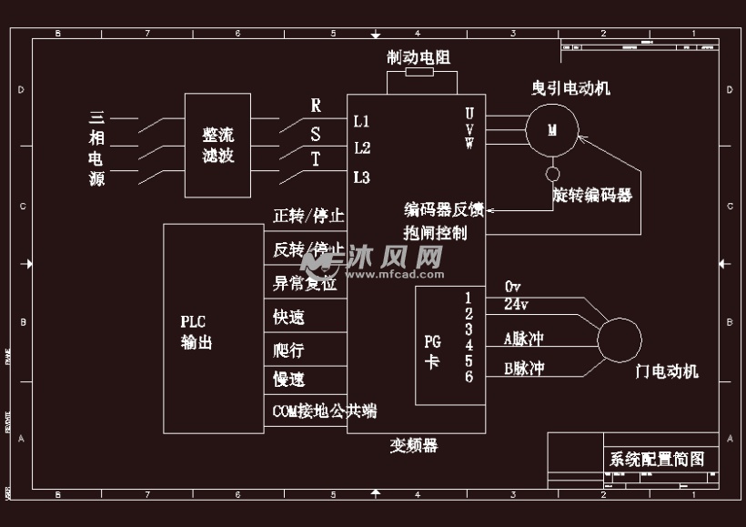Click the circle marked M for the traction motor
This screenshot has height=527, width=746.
click(551, 129)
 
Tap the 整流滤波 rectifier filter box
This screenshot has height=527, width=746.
click(218, 145)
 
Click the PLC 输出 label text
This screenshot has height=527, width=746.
click(197, 331)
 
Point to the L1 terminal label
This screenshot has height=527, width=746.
click(361, 121)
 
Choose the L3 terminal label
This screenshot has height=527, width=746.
click(361, 177)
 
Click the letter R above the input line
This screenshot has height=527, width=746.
click(316, 106)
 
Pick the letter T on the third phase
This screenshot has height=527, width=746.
click(316, 161)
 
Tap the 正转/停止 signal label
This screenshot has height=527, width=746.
click(308, 217)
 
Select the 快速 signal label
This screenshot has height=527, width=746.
click(288, 318)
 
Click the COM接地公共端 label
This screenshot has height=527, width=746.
click(324, 411)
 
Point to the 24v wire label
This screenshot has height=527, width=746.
click(516, 304)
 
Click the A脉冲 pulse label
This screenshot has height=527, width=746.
click(524, 339)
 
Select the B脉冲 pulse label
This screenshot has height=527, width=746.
click(524, 370)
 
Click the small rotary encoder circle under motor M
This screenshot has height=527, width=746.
click(551, 174)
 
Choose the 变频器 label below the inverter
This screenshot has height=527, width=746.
click(414, 446)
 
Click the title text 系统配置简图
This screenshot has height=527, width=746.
click(657, 460)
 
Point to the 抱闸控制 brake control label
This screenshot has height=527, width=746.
click(435, 233)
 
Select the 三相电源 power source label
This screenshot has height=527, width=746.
click(96, 148)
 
